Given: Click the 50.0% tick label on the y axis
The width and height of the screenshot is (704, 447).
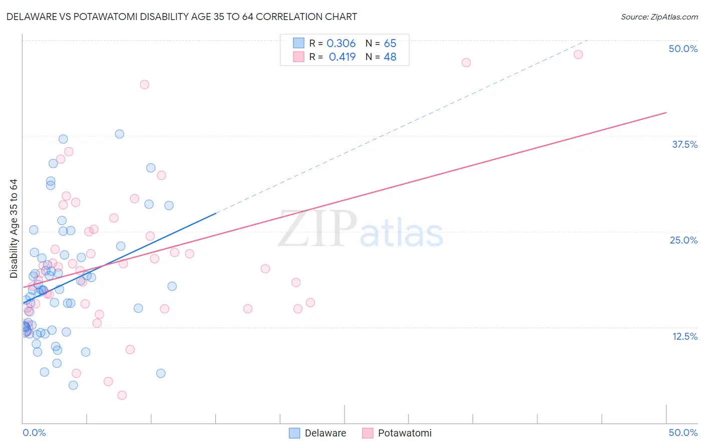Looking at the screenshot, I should (x=683, y=49).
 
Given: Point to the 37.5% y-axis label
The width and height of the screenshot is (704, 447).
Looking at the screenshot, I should (x=684, y=144).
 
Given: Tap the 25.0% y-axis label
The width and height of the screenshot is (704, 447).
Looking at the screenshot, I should (x=683, y=240).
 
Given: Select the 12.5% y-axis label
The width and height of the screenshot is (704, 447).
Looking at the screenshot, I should (x=684, y=336).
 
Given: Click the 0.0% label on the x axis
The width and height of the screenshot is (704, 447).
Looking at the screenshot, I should (x=34, y=432).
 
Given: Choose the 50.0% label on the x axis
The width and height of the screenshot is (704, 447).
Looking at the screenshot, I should (x=683, y=432).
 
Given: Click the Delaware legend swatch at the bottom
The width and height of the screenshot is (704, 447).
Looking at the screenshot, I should (x=294, y=433).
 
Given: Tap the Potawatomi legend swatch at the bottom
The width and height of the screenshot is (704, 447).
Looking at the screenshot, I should (x=368, y=433).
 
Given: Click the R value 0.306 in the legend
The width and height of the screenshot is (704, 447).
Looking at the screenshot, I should (x=341, y=44).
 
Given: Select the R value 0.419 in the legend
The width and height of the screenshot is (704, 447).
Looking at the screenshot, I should (x=342, y=57).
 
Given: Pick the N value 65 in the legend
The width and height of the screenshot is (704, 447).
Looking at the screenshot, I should (x=390, y=44).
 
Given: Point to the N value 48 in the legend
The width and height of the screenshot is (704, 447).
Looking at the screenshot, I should (x=390, y=57).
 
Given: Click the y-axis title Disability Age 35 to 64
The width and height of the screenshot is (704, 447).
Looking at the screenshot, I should (x=14, y=229).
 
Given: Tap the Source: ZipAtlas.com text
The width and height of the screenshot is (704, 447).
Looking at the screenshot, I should (x=659, y=17).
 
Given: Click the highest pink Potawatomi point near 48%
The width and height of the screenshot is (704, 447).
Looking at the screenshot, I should (x=578, y=55).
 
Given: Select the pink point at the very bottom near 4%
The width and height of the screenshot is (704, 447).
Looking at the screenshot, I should (x=122, y=395).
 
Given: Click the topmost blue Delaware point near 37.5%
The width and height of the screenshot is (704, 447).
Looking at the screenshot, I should (x=119, y=134).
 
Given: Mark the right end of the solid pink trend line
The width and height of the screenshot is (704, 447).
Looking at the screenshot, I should (x=666, y=113).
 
